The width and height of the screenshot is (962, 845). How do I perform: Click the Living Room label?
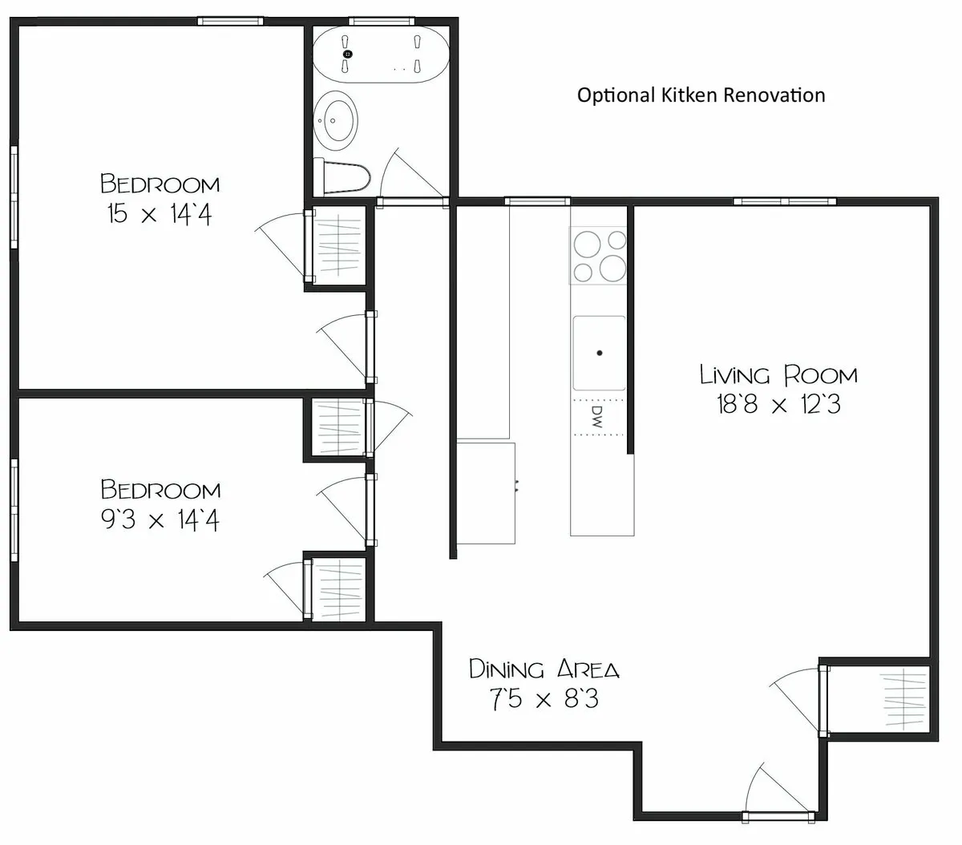tap(778, 374)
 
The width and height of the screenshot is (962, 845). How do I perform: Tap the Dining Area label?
tap(544, 669)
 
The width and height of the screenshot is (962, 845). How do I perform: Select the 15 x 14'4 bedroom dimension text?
tap(159, 215)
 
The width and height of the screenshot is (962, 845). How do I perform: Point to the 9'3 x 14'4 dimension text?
tap(159, 521)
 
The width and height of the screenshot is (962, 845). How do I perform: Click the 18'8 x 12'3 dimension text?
tap(778, 406)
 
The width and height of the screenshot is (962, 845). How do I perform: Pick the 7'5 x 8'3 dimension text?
tap(544, 700)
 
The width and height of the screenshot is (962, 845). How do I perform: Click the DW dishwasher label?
tap(596, 416)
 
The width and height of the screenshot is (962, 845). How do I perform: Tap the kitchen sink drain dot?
tap(599, 352)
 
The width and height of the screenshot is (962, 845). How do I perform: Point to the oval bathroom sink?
tap(336, 120)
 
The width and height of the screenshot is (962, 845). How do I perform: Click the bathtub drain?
tap(348, 54)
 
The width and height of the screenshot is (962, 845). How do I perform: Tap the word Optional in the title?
tap(615, 95)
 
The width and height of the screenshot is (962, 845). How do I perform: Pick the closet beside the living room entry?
tap(880, 699)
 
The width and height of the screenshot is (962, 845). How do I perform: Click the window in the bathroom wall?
tap(381, 22)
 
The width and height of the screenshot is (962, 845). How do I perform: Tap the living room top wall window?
tap(785, 200)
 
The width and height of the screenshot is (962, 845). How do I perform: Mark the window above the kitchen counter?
tap(537, 200)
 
